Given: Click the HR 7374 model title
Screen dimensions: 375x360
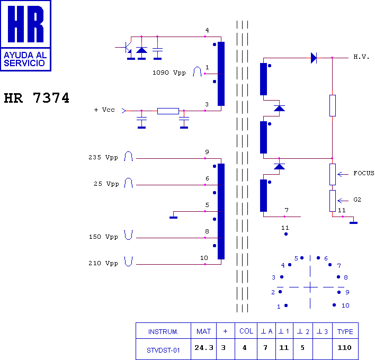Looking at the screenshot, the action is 37,98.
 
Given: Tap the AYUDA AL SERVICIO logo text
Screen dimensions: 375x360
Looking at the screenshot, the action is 25,59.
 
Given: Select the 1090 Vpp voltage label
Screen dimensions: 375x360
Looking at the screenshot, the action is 169,73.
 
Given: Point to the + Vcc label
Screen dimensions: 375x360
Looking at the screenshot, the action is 104,110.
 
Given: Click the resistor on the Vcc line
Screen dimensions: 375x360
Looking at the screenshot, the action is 168,111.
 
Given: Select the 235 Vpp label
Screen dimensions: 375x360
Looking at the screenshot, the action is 103,157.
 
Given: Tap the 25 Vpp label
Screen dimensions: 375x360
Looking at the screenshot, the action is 106,184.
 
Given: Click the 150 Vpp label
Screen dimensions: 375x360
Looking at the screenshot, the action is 103,237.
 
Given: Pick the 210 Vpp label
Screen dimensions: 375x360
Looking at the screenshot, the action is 103,263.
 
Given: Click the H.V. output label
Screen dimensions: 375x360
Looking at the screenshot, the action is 361,57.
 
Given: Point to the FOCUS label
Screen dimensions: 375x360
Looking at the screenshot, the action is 364,173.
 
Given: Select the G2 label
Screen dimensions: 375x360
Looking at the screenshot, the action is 357,200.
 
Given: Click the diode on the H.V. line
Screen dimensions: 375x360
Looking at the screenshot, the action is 314,58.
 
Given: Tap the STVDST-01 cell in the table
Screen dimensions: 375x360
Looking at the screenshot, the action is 163,350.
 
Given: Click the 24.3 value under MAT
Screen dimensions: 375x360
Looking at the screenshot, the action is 204,348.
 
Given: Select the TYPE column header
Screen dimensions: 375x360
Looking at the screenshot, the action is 345,331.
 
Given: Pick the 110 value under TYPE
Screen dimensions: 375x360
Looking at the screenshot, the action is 344,348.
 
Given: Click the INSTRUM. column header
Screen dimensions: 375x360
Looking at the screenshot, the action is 163,331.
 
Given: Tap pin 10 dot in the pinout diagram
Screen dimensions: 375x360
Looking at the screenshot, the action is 334,305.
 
